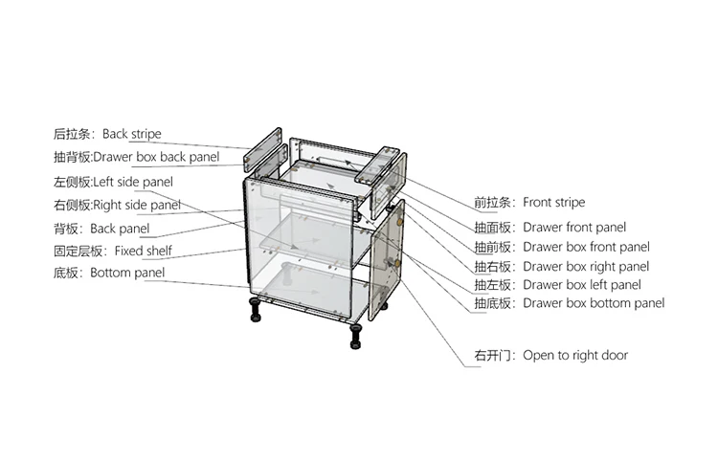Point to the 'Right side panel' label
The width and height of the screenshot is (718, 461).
click(136, 205)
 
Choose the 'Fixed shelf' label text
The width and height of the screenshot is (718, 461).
click(144, 251)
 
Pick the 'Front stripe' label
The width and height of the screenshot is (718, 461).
click(553, 203)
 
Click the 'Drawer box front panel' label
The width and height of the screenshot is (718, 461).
click(586, 247)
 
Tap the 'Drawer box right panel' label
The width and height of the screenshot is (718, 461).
click(586, 266)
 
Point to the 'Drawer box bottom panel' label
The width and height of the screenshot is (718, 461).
click(594, 303)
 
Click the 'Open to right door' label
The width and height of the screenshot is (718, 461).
click(575, 355)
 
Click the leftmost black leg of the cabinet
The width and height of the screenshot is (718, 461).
click(256, 309)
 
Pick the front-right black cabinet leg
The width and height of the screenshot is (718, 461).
click(356, 334)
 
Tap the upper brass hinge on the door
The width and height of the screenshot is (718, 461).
click(395, 219)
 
